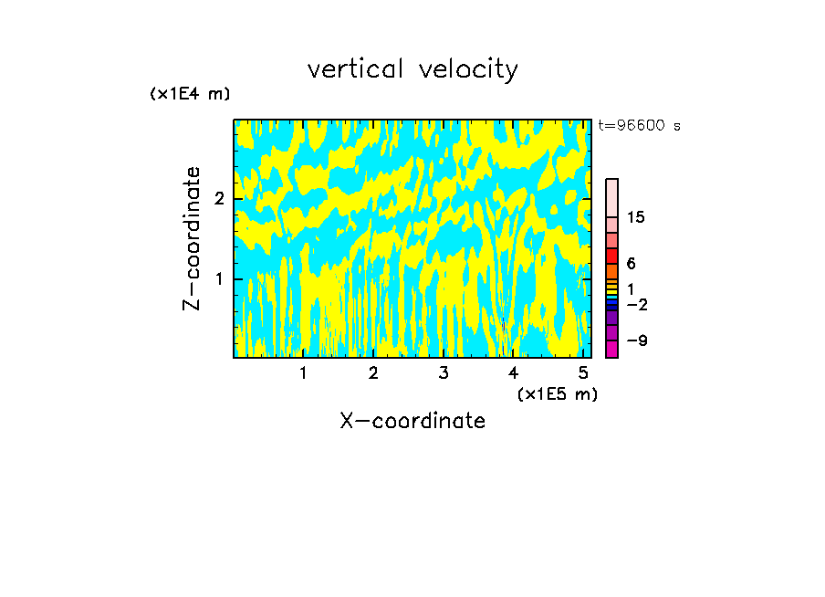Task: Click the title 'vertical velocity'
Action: point(412,68)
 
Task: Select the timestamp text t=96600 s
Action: point(639,126)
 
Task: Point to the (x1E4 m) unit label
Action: point(190,94)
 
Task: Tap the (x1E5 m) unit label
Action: point(557,393)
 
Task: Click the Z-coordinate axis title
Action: point(192,238)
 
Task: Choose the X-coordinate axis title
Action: point(412,421)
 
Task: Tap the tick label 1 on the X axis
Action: point(304,373)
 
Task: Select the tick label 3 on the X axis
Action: point(444,373)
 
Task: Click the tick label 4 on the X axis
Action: point(513,373)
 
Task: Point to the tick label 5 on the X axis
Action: point(583,373)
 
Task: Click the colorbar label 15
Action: point(637,217)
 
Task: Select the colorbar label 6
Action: point(632,263)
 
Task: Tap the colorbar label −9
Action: point(636,340)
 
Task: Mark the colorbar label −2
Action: point(636,304)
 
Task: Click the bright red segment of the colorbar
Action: point(611,256)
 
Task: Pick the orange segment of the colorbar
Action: point(611,271)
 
